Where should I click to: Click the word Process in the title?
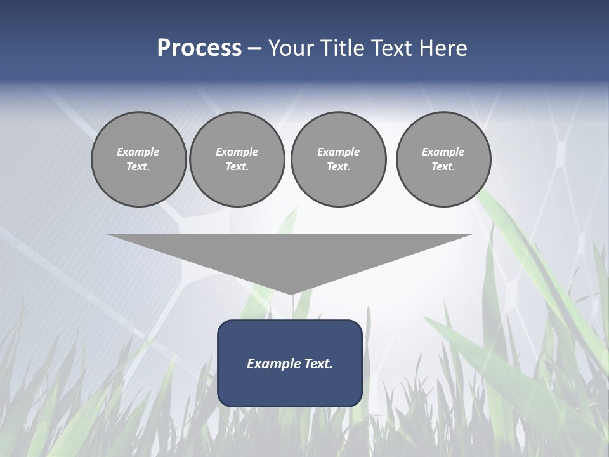[199, 48]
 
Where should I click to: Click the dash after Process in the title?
[255, 49]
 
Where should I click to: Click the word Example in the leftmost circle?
[138, 152]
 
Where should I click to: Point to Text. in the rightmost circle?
[443, 167]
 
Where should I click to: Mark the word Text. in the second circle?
[237, 167]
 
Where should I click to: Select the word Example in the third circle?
[338, 152]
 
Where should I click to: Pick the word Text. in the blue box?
[319, 364]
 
